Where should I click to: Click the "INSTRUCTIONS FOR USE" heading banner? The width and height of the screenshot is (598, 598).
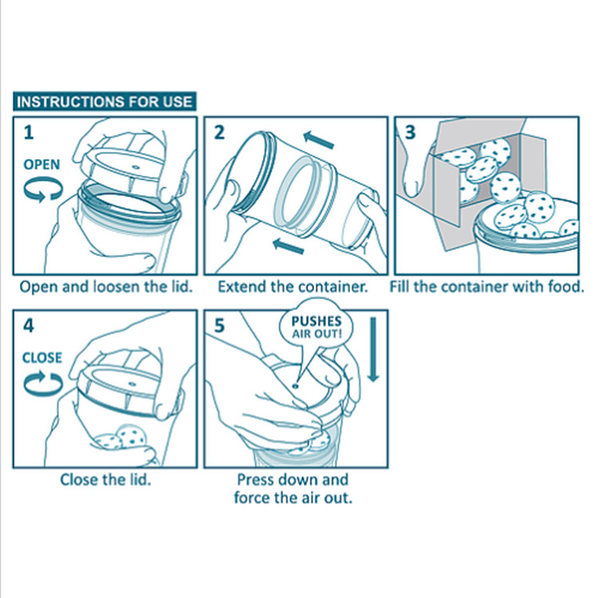point(104,101)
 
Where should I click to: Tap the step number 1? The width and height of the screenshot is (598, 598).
point(29,132)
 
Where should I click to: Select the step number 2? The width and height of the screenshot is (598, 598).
point(219,132)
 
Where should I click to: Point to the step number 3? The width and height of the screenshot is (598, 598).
point(410,132)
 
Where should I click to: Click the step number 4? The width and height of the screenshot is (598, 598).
point(29,325)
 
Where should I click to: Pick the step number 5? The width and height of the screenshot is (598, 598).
point(219,325)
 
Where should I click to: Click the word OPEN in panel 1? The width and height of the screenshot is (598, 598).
point(42,165)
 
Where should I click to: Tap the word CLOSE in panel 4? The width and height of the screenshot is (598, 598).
point(42,358)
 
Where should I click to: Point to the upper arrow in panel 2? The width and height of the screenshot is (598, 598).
point(319,140)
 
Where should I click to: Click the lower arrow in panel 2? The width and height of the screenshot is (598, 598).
point(289,246)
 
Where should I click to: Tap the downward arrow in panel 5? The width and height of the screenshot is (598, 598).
point(373,350)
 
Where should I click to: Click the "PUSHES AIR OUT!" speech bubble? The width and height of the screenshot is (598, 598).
point(317,327)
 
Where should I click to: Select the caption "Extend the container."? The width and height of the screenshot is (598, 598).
point(293,287)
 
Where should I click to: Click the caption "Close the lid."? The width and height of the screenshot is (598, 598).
point(105,480)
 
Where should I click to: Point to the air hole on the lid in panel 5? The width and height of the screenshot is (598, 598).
point(295,387)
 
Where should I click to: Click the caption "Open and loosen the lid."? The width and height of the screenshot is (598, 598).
point(106,287)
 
